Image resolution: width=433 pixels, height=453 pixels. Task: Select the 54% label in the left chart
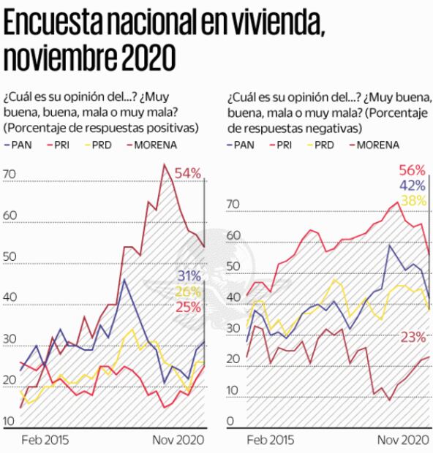[188, 173]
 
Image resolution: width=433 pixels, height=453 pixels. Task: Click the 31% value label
[189, 275]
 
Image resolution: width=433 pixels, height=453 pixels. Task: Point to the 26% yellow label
[189, 292]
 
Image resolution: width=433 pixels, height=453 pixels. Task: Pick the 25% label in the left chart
[189, 308]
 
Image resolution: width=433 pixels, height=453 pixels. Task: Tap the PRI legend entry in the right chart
[282, 145]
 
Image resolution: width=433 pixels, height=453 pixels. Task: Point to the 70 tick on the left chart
[10, 174]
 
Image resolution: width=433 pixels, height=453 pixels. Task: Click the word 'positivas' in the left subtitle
[174, 127]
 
